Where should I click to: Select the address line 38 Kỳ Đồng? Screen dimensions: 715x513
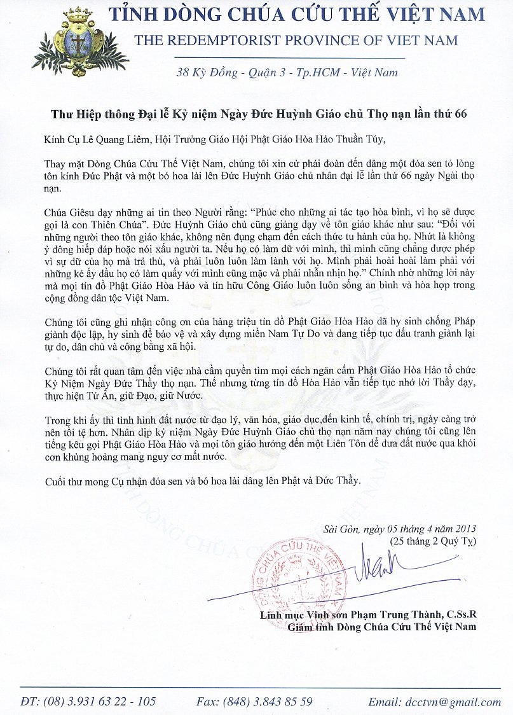[210, 72]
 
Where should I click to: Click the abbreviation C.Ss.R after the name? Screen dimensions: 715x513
[457, 616]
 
